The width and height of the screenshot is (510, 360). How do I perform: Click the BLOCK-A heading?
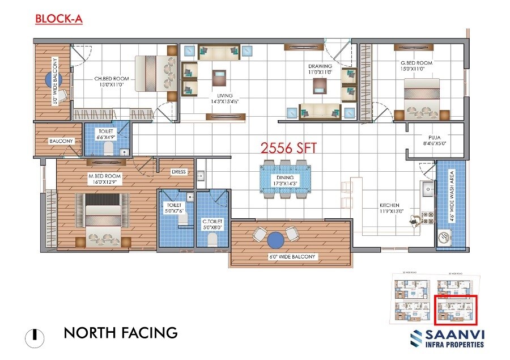pyautogui.click(x=59, y=19)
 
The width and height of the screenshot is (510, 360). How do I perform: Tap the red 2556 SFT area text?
pyautogui.click(x=288, y=149)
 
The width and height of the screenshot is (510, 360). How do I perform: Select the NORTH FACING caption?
pyautogui.click(x=121, y=332)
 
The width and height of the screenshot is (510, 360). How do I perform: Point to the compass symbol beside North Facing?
pyautogui.click(x=35, y=336)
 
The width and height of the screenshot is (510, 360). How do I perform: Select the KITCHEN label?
pyautogui.click(x=389, y=208)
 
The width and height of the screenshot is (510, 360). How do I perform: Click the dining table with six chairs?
pyautogui.click(x=286, y=180)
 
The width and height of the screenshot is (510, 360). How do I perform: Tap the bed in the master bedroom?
pyautogui.click(x=103, y=216)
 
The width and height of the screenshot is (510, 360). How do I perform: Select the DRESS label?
pyautogui.click(x=180, y=172)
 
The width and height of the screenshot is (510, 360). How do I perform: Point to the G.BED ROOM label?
pyautogui.click(x=416, y=66)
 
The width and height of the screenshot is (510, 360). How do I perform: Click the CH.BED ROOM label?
pyautogui.click(x=112, y=82)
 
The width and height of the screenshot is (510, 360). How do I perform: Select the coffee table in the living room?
pyautogui.click(x=219, y=76)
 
